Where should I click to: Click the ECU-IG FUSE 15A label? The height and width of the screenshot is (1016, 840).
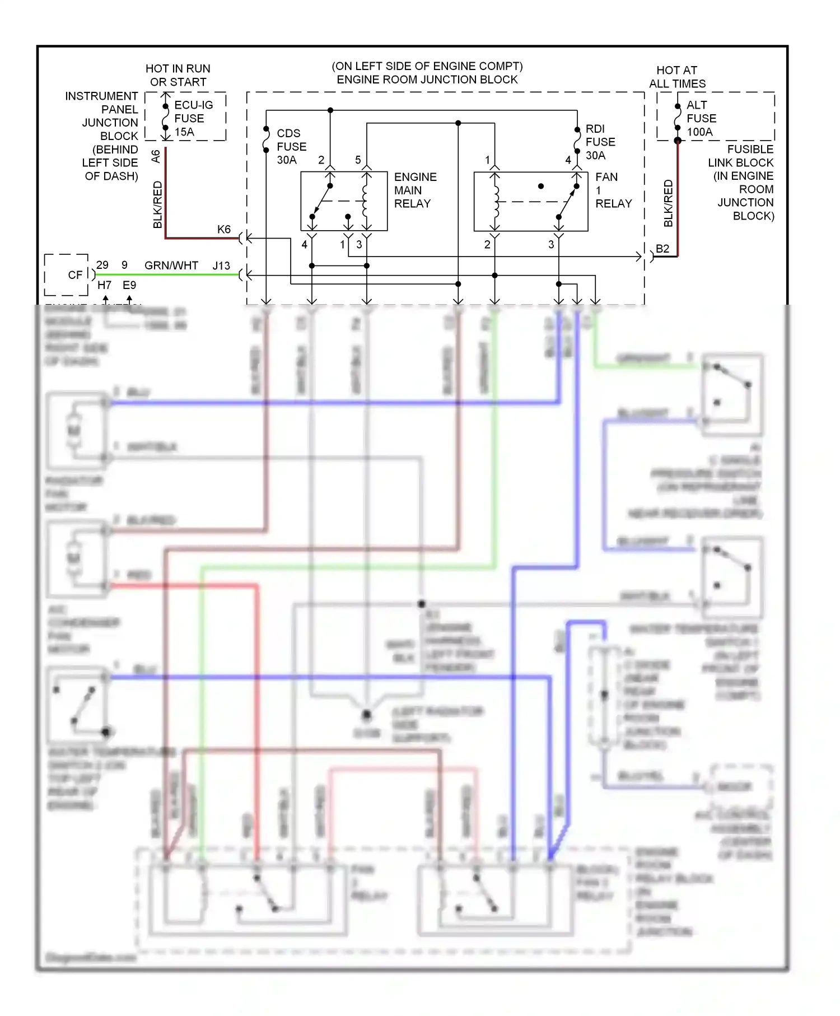193,118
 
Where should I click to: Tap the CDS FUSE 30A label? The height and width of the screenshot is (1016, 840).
291,147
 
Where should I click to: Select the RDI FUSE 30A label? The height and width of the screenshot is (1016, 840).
600,142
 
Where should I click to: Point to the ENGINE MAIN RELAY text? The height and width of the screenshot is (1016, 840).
415,190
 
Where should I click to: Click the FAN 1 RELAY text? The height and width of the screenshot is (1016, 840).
613,190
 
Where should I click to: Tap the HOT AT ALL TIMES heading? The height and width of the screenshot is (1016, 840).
677,77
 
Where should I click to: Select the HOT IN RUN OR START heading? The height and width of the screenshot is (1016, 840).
178,75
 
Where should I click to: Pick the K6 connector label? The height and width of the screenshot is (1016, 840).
223,230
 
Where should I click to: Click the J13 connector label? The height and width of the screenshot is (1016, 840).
221,265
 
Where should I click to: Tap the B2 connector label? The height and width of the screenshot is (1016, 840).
662,249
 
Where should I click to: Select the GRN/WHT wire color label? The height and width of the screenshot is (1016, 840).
171,265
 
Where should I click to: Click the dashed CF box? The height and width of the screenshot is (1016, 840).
66,275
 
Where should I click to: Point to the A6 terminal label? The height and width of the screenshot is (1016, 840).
156,156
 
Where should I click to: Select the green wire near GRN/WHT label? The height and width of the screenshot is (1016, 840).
168,275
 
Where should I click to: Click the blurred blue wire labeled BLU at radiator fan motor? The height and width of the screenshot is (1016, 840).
336,403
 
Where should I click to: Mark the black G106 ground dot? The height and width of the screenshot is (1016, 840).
366,715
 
